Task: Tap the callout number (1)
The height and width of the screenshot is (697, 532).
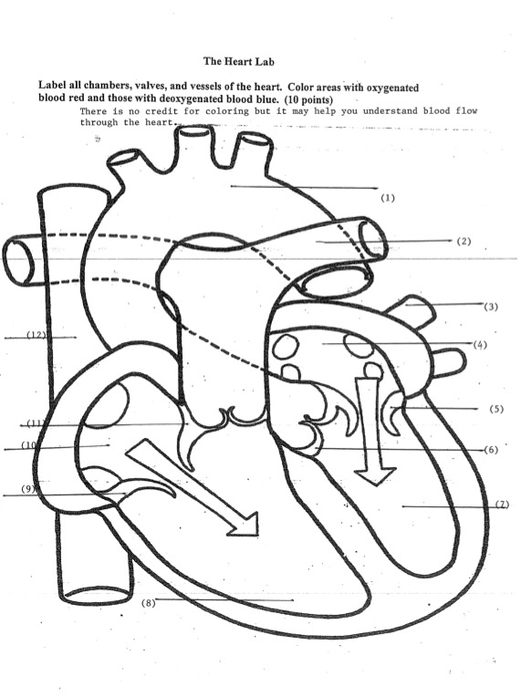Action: pos(388,197)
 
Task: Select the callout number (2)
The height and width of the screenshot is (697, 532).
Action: pos(464,242)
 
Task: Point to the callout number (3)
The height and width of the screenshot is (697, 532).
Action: pos(491,307)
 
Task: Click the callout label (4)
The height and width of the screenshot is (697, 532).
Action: pos(480,344)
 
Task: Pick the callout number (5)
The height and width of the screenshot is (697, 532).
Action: pos(495,409)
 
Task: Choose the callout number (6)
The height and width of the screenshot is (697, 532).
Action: pos(490,451)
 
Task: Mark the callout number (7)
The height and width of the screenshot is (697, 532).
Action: pos(501,505)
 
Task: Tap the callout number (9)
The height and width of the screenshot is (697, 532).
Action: pos(27,490)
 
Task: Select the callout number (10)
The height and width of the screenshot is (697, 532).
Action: pos(30,445)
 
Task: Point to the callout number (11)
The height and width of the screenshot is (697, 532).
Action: pos(34,423)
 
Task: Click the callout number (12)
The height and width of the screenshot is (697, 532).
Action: pos(36,335)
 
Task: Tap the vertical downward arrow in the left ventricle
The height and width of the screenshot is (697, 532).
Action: pos(374,429)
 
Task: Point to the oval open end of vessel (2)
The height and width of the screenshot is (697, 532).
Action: pos(373,238)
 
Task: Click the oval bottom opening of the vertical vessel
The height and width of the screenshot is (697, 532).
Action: pos(99,595)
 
